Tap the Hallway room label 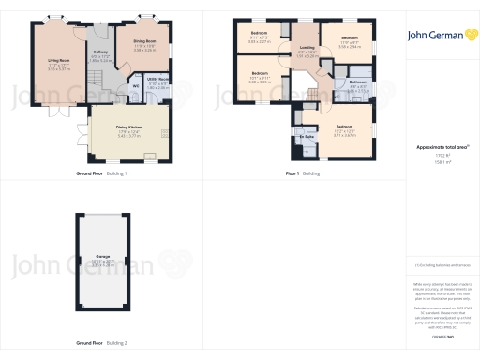(101, 54)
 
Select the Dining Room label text (143, 42)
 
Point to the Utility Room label (158, 80)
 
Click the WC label (136, 86)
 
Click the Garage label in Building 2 (102, 254)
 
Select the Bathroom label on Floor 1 (357, 82)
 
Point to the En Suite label (305, 137)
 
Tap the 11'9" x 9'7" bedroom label (349, 38)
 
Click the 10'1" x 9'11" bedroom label (259, 73)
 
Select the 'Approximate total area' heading (435, 148)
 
